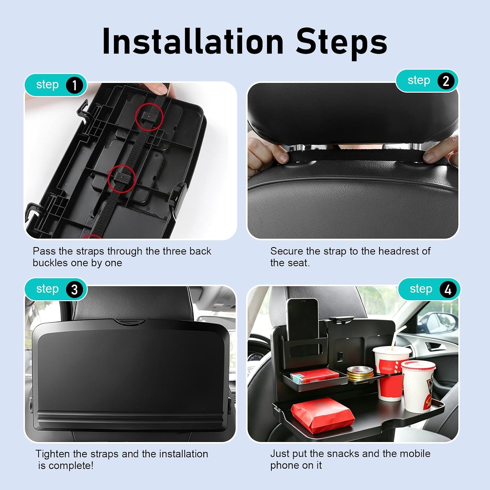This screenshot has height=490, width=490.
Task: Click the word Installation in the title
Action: (x=193, y=41)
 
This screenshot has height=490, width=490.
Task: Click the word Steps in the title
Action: (x=342, y=41)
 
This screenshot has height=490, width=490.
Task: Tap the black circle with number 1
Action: (x=74, y=85)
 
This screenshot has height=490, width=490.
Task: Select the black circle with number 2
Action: (x=446, y=81)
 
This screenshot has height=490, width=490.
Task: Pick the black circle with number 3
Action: (x=74, y=289)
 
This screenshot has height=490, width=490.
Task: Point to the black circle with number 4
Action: (x=448, y=289)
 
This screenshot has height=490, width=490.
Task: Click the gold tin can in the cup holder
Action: (x=360, y=374)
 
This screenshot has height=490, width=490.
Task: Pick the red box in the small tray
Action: (x=314, y=376)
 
